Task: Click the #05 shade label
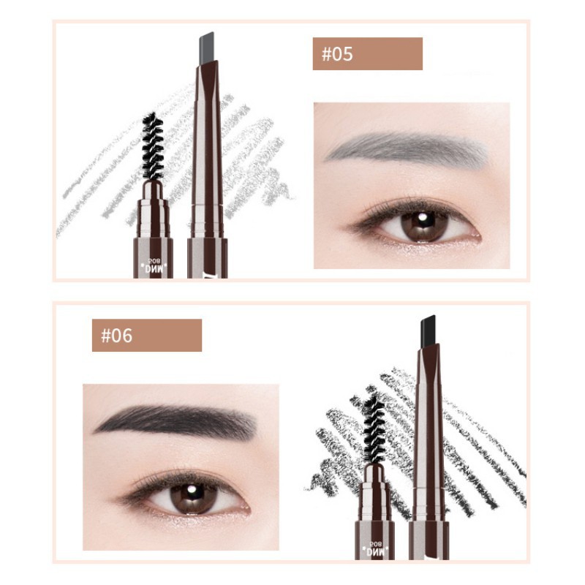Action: click(x=367, y=54)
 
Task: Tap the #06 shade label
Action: click(x=146, y=336)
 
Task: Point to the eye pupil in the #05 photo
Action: click(x=424, y=222)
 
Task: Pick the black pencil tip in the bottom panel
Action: click(x=429, y=328)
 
